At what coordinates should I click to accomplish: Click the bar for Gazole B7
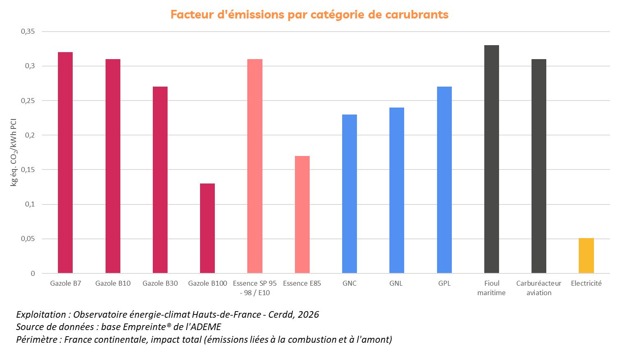(65, 163)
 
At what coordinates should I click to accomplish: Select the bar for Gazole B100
(207, 228)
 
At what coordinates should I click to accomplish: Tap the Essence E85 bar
(302, 214)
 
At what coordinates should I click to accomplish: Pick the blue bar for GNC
(350, 194)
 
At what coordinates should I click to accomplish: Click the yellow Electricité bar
(586, 256)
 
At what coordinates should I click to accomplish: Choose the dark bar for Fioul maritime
(492, 159)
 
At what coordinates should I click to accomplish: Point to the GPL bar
(444, 180)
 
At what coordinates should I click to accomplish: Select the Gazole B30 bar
(160, 180)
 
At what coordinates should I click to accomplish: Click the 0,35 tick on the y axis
(28, 32)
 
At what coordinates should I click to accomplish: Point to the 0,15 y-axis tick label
(28, 170)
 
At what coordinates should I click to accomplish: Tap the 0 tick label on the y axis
(33, 274)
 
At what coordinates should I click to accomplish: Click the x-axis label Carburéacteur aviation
(539, 288)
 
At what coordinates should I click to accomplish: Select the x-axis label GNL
(396, 283)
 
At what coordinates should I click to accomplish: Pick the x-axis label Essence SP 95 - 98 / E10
(255, 288)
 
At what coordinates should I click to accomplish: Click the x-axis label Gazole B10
(113, 283)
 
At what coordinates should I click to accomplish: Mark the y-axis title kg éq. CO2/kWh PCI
(14, 152)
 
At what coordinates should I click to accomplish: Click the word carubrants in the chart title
(417, 15)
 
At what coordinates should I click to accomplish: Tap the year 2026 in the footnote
(308, 315)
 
